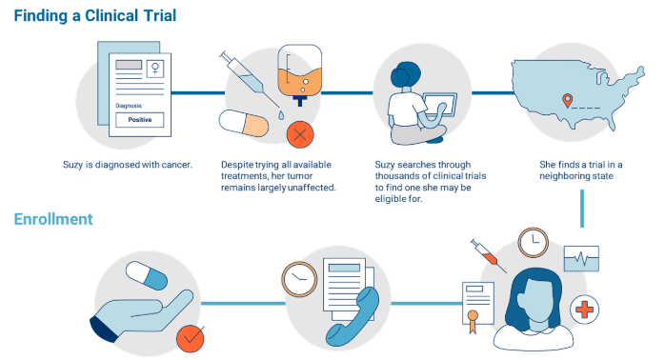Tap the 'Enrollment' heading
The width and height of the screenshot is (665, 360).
53,219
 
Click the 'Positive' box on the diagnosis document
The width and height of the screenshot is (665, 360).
140,120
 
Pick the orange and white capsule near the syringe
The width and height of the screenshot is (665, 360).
243,125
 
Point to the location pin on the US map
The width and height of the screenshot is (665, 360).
568,100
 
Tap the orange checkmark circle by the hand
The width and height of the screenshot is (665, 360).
191,336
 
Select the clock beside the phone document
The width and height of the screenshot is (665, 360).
298,278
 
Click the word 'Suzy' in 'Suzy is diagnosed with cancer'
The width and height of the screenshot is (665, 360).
73,165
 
